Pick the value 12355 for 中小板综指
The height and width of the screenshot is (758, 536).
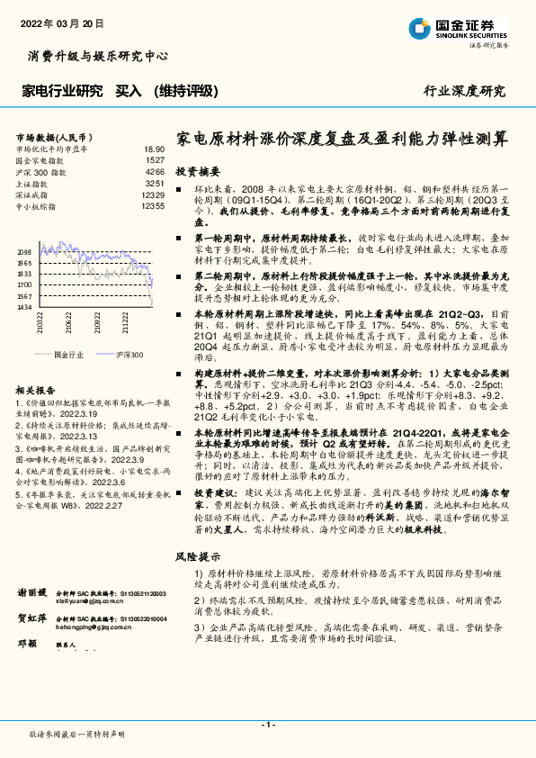153,206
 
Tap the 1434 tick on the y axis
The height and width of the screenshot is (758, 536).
24,307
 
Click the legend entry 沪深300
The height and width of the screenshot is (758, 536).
128,356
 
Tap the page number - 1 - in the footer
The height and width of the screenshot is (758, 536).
267,724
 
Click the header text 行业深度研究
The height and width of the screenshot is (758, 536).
464,91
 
